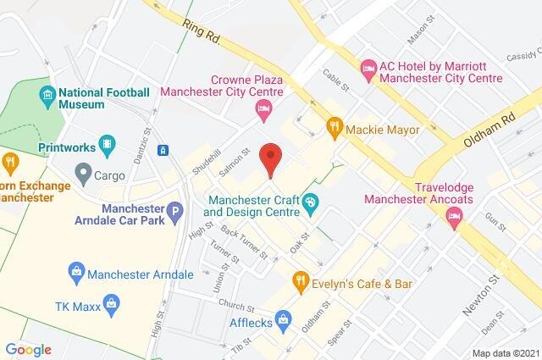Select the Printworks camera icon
(106, 146)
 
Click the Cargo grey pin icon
(83, 175)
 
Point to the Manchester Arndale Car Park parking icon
(174, 212)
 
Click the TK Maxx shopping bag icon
(110, 302)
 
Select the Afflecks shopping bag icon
(283, 319)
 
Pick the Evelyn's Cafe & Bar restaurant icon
(300, 280)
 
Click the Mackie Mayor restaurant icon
(335, 129)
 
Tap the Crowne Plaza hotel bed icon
(263, 109)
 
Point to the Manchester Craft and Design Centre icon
(310, 203)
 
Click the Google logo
(29, 349)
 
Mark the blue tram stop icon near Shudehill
(163, 150)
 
